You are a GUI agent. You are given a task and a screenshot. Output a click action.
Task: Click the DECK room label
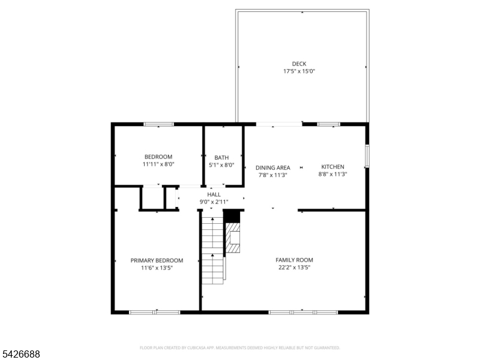(x=299, y=64)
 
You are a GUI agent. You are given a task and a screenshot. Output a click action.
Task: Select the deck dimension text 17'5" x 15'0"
(x=299, y=71)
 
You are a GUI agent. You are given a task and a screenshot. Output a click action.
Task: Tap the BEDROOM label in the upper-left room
(x=158, y=157)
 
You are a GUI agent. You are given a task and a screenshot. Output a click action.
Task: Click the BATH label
(x=221, y=158)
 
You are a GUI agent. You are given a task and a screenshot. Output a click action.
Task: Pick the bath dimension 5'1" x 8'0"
(x=221, y=166)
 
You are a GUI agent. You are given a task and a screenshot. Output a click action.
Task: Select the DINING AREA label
(x=273, y=168)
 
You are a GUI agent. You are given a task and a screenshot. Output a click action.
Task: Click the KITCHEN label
(x=332, y=167)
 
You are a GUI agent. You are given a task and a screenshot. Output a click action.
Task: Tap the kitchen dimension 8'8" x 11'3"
(x=332, y=175)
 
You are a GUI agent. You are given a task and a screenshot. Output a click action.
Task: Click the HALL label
(x=214, y=195)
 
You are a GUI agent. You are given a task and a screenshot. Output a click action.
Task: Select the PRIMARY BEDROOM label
(x=157, y=260)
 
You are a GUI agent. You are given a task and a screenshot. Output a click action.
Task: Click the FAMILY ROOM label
(x=294, y=260)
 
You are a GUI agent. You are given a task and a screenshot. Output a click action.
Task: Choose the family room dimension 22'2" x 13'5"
(x=294, y=268)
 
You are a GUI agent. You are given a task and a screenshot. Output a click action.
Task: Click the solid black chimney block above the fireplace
(x=232, y=216)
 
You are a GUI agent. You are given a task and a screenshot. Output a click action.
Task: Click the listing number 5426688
(x=22, y=355)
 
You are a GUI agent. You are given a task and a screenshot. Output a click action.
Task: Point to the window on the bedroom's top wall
(x=158, y=124)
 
